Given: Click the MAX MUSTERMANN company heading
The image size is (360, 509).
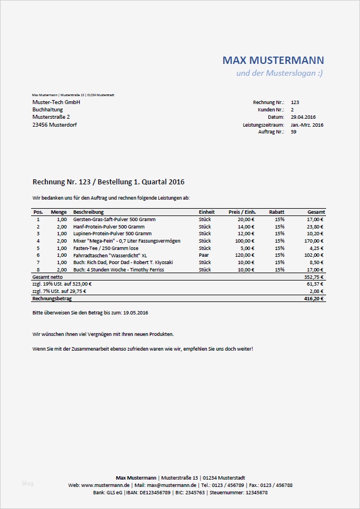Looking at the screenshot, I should point(273,60).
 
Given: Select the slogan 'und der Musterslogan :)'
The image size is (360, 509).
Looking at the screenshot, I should point(280,74).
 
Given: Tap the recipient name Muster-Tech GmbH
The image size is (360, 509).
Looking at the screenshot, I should point(56,102).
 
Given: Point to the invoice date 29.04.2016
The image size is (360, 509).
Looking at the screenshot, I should point(303,117).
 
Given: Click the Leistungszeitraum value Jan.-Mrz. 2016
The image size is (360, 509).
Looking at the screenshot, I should point(307,124).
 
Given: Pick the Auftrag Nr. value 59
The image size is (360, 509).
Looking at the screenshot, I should point(293,132).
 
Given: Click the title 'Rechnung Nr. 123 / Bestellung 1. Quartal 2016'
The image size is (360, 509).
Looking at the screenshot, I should point(109,182).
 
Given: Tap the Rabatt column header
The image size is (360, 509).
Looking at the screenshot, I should point(276,212).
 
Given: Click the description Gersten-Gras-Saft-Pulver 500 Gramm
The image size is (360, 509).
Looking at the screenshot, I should point(114,219).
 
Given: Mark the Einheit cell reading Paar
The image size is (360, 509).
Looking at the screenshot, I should point(204,255).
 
